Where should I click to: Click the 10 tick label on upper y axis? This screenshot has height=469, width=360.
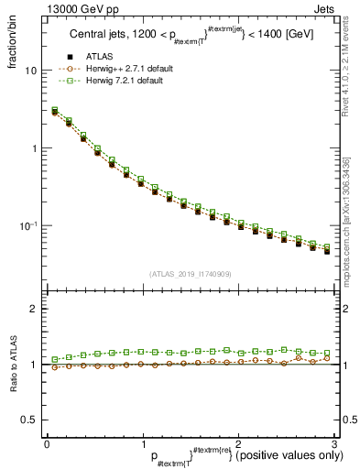(x=30, y=71)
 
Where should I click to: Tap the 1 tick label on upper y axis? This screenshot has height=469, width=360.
(x=33, y=148)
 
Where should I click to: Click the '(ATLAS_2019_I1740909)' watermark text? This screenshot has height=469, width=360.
(x=189, y=273)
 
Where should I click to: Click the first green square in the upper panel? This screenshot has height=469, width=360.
(x=54, y=110)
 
